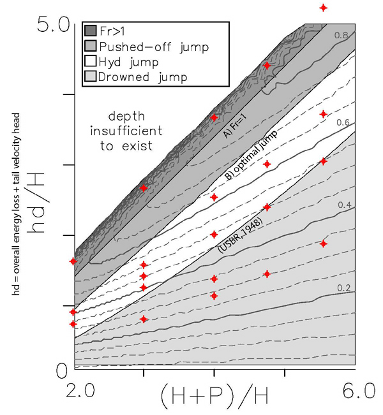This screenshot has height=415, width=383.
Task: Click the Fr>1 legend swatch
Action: coord(90,30)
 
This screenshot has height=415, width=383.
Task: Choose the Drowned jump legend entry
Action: coord(146,77)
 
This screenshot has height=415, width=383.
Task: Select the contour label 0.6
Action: coord(343,122)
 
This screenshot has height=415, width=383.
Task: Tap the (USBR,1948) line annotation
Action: coord(241,235)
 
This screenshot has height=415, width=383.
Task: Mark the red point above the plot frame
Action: coord(324,8)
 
